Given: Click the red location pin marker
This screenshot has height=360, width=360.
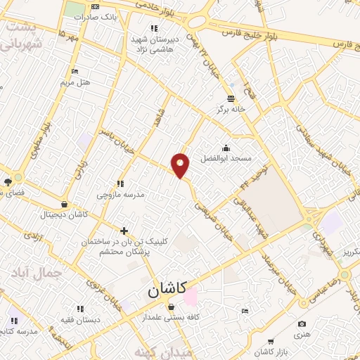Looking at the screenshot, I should (181, 165).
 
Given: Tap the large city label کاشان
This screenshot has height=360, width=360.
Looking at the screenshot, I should (167, 288).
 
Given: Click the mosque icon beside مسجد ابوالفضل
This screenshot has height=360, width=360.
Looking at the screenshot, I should (226, 148).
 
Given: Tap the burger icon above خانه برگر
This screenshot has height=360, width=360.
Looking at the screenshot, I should (231, 98).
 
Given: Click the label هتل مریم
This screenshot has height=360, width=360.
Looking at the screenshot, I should (75, 82).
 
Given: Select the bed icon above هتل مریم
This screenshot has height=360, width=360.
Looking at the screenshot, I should (75, 72).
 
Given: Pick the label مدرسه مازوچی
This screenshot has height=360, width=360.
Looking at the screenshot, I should (120, 194).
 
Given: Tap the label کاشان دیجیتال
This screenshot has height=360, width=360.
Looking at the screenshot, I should (64, 214).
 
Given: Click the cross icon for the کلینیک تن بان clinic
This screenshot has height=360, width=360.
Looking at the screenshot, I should (124, 230).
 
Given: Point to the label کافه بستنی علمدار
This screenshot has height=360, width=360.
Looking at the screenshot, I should (172, 317).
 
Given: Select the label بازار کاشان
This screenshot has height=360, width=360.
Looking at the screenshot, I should (264, 351).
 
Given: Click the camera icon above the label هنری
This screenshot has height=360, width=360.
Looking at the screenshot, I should (302, 324).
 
